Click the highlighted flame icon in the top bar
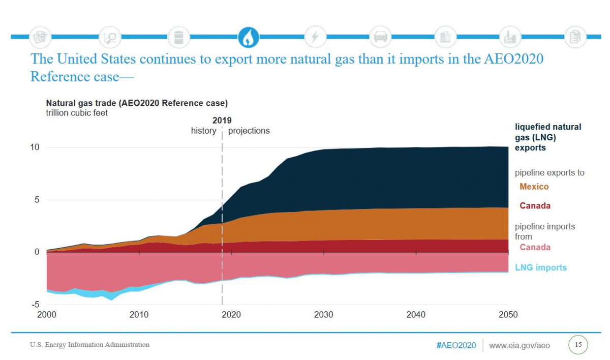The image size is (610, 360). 249,37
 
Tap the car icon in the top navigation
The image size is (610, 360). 380,37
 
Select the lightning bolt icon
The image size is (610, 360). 315,37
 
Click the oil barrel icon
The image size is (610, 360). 178,37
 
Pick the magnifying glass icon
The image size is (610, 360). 109,37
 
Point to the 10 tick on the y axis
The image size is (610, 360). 35,147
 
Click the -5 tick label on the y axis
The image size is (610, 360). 35,305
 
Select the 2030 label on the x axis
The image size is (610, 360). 324,315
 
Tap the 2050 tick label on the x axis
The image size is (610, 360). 508,315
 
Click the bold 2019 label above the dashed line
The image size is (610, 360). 222,121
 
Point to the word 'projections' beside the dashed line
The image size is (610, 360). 249,131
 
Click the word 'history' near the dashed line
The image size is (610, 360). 203,131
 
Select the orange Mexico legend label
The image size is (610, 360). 534,187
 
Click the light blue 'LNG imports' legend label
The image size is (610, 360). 540,267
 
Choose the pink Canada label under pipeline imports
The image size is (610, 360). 535,247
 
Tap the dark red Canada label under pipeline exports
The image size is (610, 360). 535,206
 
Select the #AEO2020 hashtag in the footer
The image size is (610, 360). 456,346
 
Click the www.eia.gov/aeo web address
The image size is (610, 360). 519,346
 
